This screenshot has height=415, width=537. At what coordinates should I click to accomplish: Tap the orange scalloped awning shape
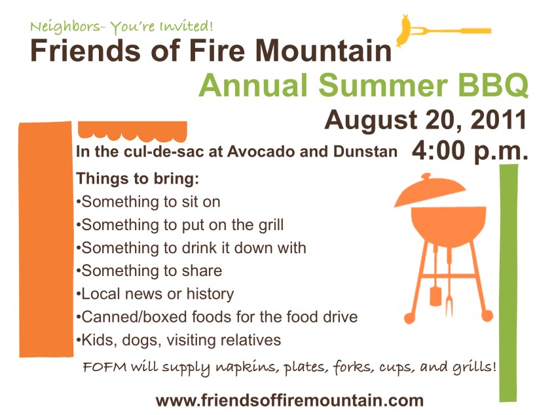(132, 130)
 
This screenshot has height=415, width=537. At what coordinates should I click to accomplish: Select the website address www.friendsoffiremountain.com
(289, 401)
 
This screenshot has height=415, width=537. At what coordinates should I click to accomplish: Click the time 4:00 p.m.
(470, 151)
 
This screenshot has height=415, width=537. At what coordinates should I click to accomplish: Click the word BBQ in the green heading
(493, 85)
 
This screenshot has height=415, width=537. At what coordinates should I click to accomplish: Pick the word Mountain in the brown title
(324, 50)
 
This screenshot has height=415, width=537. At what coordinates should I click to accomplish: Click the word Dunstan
(365, 151)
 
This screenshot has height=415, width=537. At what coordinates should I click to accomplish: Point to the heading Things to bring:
(138, 179)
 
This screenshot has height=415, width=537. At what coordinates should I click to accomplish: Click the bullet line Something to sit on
(148, 202)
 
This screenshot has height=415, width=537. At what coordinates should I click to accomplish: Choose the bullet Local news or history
(155, 294)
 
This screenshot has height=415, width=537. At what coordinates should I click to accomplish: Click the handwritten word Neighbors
(65, 26)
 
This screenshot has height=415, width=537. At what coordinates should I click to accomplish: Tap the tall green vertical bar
(508, 283)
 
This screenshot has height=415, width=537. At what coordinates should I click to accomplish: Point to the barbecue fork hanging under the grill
(449, 281)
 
